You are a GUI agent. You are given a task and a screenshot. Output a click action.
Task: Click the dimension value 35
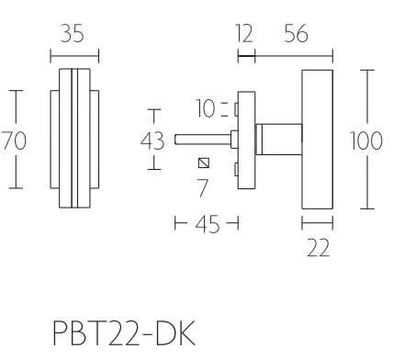73,35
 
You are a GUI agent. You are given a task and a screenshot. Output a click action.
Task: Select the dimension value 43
153,141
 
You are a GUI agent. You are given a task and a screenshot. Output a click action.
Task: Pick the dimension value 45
207,224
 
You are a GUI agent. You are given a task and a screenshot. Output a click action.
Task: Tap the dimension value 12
243,35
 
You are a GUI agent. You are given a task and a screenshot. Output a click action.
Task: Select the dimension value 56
296,35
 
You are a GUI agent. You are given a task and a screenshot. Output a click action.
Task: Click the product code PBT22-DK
123,330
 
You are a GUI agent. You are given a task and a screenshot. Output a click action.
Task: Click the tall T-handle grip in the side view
317,139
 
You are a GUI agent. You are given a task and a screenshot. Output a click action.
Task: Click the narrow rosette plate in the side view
245,139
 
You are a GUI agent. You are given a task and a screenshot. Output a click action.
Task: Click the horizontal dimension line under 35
73,52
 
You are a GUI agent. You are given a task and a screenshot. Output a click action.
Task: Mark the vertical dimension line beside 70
13,110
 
